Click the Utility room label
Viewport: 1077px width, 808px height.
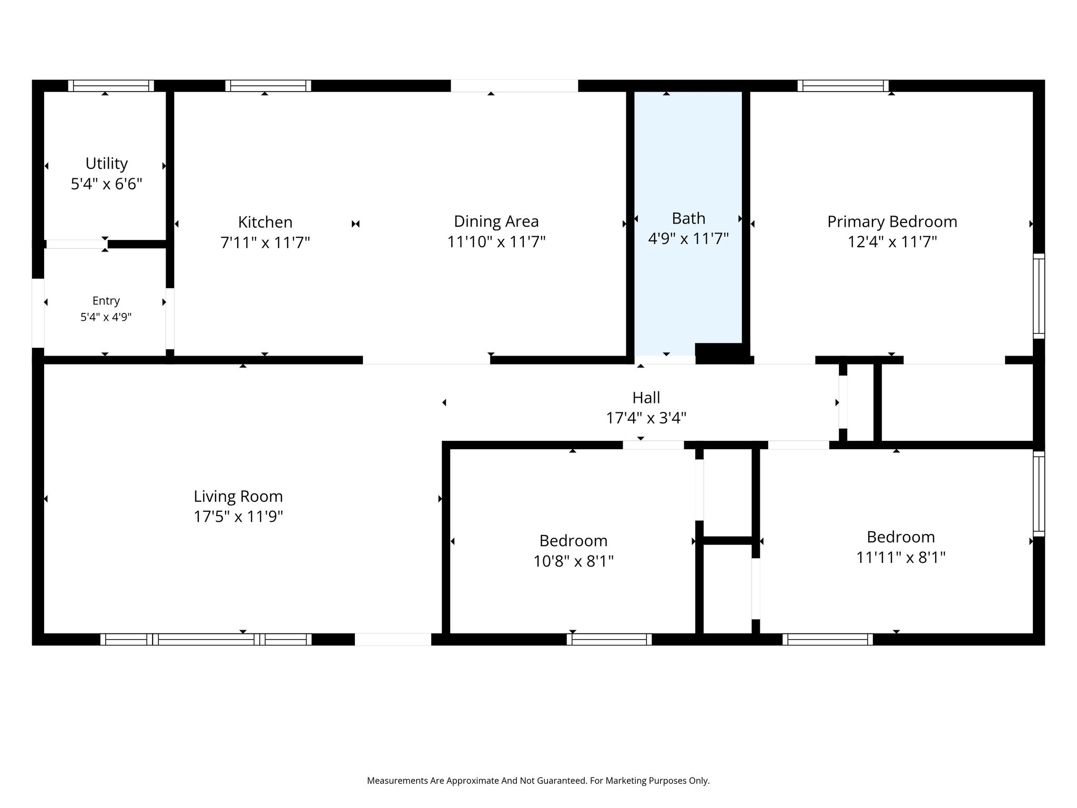(x=106, y=164)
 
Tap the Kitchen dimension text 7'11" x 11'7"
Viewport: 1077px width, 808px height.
(x=265, y=243)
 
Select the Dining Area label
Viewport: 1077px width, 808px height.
(x=496, y=221)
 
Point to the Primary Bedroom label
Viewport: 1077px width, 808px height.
(x=892, y=222)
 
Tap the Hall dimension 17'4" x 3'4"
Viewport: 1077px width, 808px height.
(x=646, y=418)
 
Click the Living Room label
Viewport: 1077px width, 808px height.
(x=238, y=496)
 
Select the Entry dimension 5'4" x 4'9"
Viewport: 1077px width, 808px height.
(x=106, y=317)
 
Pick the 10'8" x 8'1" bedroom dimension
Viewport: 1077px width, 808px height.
(x=573, y=561)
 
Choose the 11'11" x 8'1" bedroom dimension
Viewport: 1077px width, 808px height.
(x=901, y=557)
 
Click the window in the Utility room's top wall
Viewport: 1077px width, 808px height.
(x=111, y=86)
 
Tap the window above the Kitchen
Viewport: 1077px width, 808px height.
(x=268, y=86)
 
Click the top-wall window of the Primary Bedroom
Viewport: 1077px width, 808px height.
(x=843, y=86)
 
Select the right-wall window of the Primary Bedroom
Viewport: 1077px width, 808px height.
(x=1039, y=296)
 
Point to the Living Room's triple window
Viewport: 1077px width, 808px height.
(x=206, y=639)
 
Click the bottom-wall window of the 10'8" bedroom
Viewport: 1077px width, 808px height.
(x=609, y=639)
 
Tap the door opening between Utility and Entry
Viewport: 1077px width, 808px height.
(x=77, y=244)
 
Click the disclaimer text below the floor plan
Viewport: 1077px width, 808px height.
(x=538, y=781)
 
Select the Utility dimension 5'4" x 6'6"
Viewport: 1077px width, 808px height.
(x=107, y=184)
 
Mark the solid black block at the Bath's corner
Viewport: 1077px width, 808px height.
(x=722, y=353)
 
